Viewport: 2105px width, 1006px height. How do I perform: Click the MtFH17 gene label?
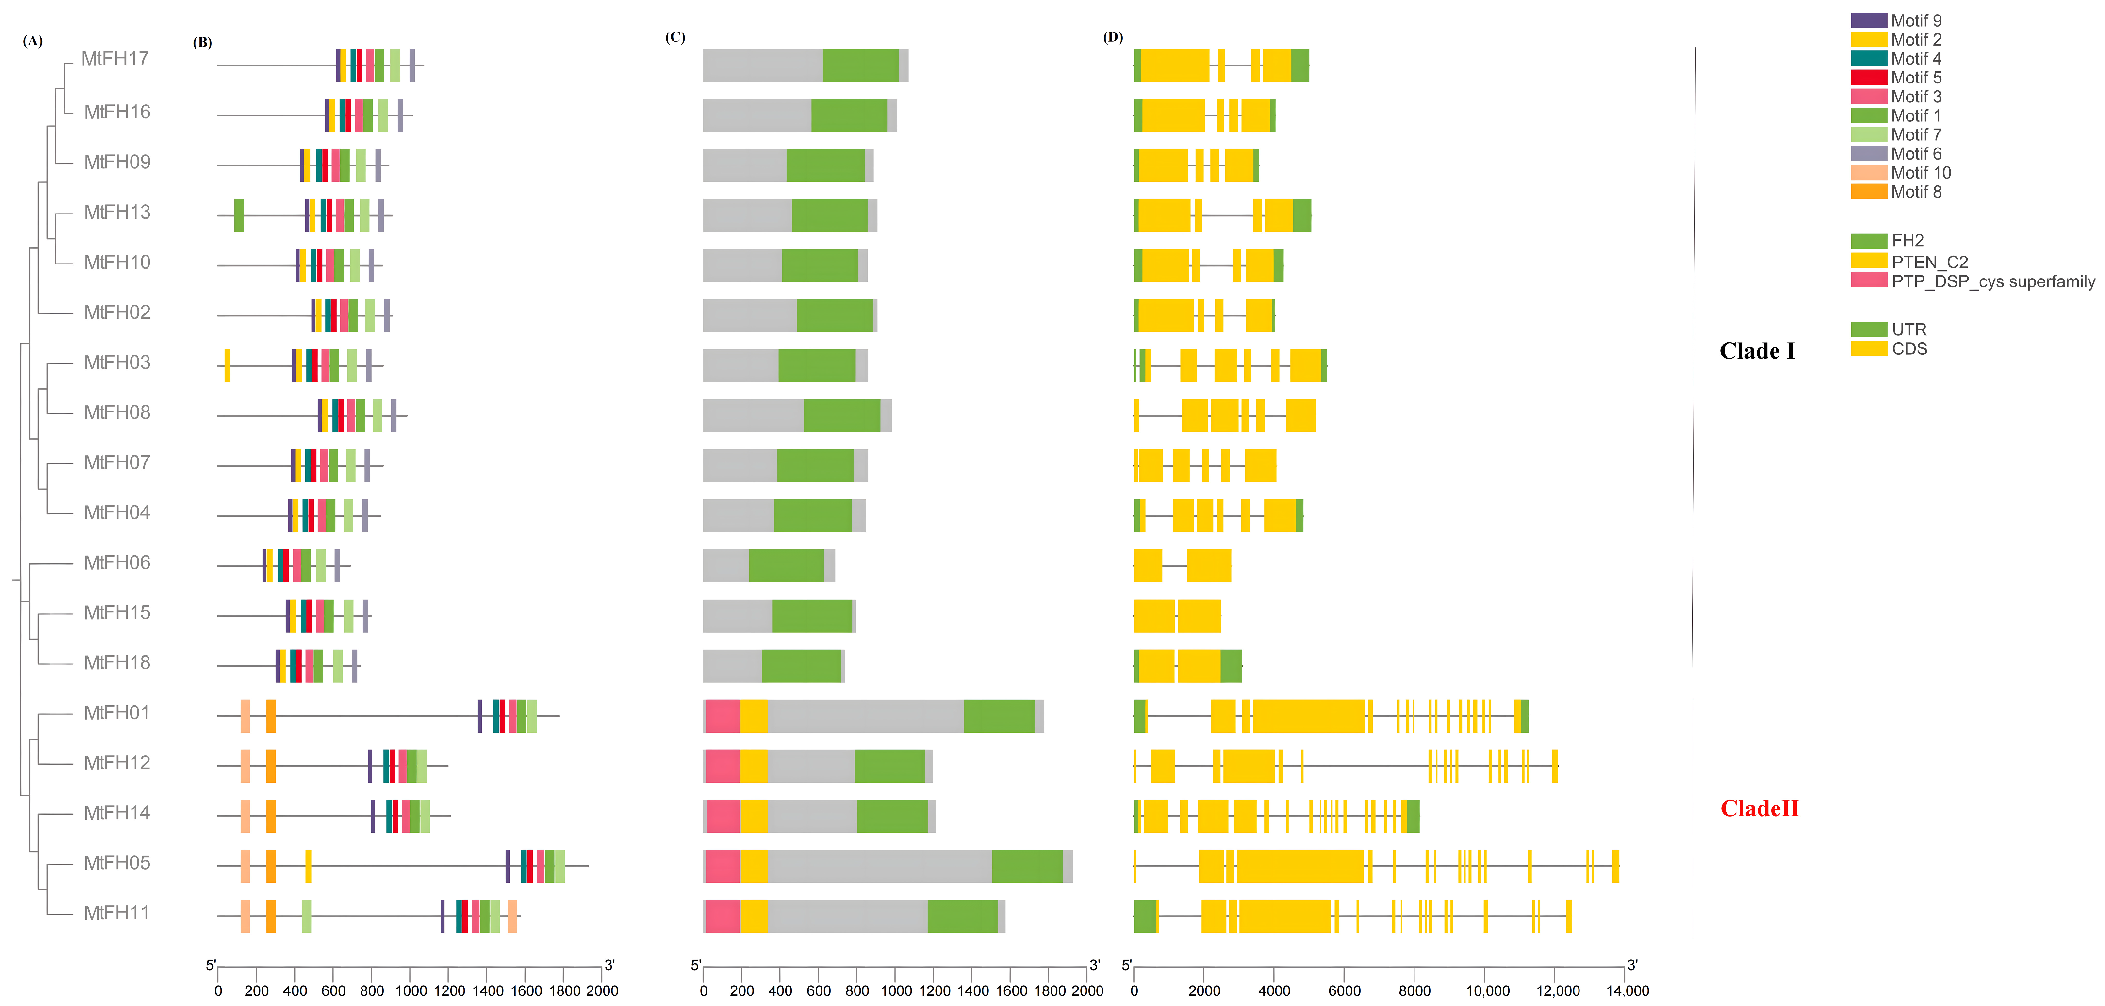pyautogui.click(x=115, y=59)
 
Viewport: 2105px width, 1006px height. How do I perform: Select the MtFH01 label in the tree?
pyautogui.click(x=117, y=712)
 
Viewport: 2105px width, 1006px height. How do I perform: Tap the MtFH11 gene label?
pyautogui.click(x=117, y=913)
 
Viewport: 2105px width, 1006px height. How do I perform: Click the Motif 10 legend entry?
pyautogui.click(x=1920, y=172)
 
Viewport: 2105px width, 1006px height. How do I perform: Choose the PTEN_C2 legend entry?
pyautogui.click(x=1929, y=262)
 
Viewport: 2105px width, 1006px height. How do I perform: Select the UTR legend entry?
pyautogui.click(x=1909, y=330)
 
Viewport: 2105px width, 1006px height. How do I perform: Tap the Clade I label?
pyautogui.click(x=1757, y=351)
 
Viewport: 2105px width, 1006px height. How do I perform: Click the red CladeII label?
pyautogui.click(x=1760, y=808)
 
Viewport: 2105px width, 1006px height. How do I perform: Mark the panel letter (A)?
pyautogui.click(x=33, y=40)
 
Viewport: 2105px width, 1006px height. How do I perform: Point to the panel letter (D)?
pyautogui.click(x=1113, y=37)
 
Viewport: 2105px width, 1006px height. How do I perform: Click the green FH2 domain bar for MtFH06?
pyautogui.click(x=786, y=565)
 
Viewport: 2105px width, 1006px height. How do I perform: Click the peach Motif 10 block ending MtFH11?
pyautogui.click(x=511, y=916)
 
